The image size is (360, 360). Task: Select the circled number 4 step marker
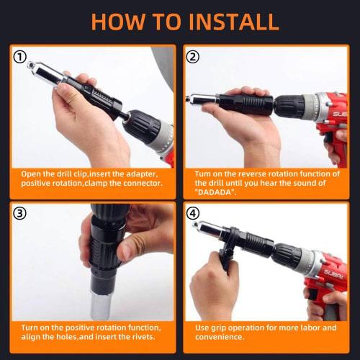tap(194, 212)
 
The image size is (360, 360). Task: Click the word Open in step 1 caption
tap(32, 174)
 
